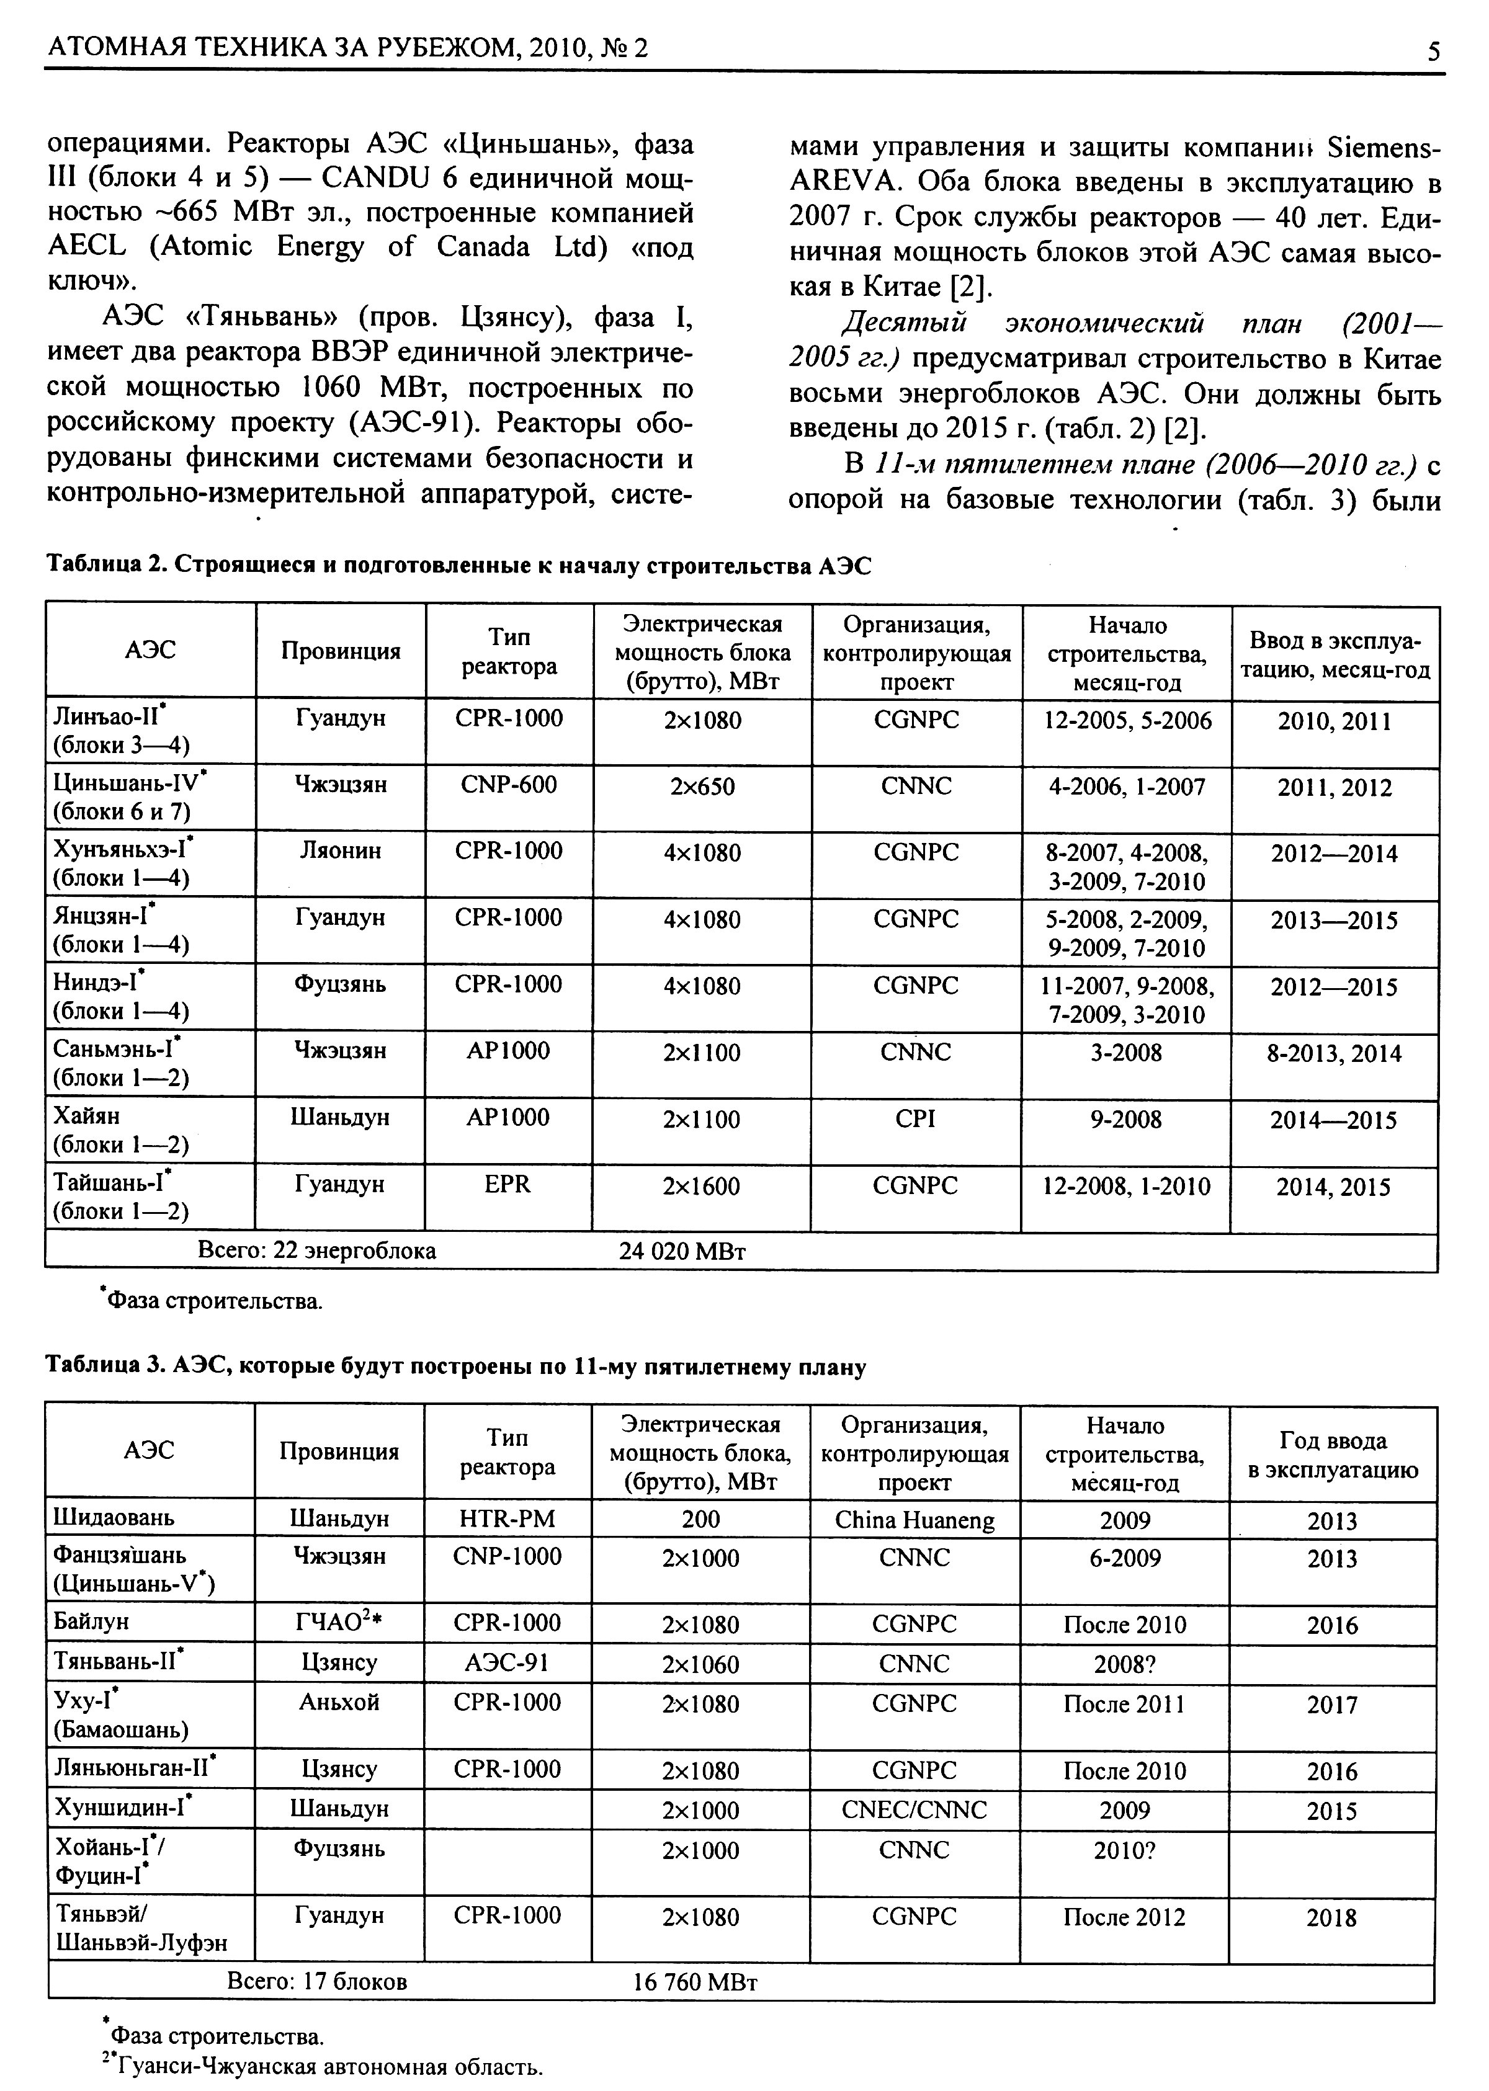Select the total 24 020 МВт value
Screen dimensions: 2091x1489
click(682, 1251)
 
